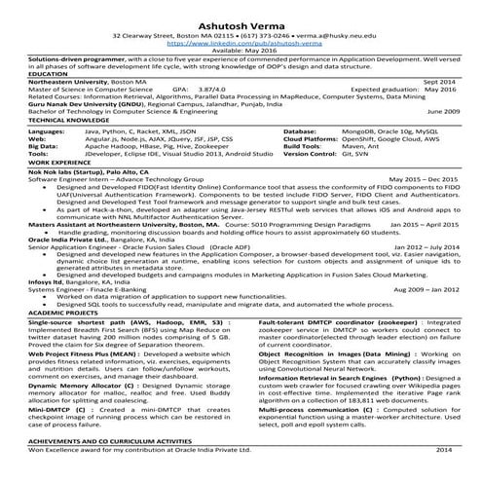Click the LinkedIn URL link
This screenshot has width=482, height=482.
click(240, 43)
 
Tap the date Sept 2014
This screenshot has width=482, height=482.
click(435, 82)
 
